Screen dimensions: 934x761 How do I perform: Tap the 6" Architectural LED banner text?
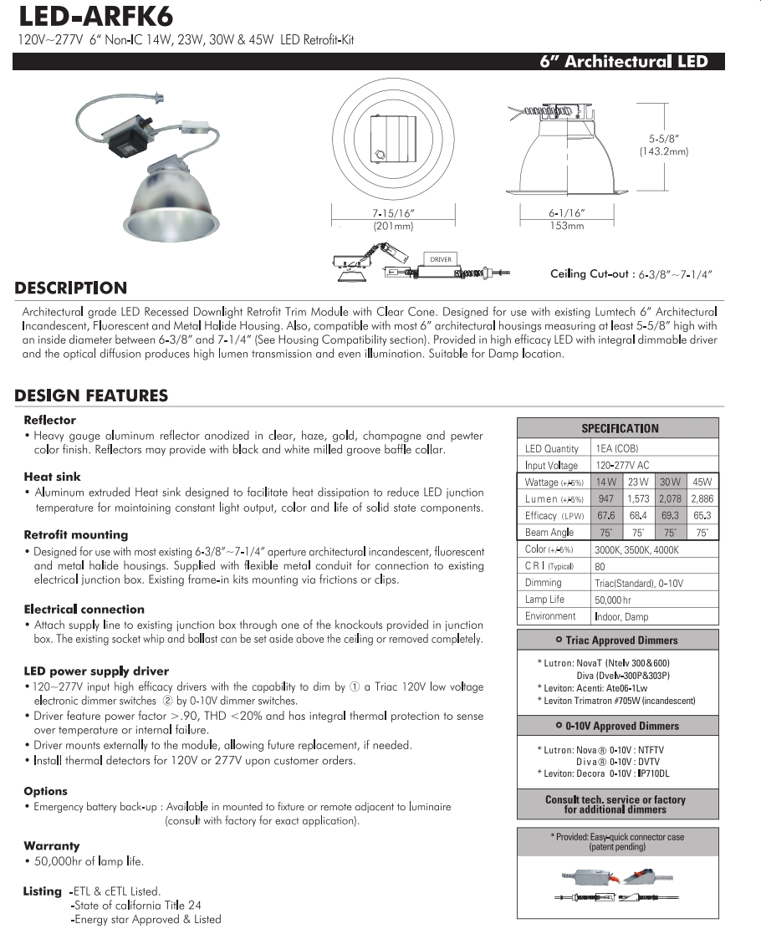(624, 62)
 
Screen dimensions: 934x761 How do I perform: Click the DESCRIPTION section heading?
(71, 288)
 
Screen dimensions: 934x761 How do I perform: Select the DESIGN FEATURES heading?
(91, 396)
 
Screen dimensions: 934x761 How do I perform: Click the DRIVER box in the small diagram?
(441, 259)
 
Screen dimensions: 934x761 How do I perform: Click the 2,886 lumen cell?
(702, 499)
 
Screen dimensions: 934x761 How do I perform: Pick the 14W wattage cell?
(605, 482)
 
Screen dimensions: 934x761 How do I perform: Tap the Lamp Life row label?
(544, 600)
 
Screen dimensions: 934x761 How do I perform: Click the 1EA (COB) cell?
(616, 449)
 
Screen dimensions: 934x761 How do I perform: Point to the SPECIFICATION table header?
(618, 428)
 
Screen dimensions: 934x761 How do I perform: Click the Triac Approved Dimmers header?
(618, 641)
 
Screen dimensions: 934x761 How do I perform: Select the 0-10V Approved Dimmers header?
(618, 726)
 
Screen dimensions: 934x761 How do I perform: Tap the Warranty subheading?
(52, 846)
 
